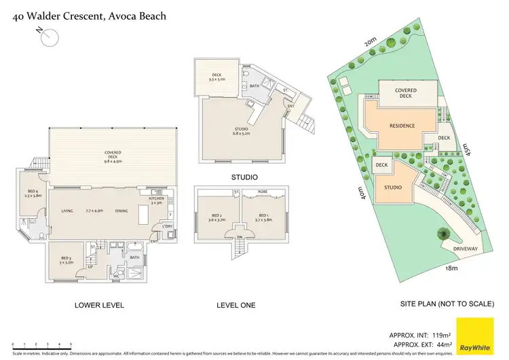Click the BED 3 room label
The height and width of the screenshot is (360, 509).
66,259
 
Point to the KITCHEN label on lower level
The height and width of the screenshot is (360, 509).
157,200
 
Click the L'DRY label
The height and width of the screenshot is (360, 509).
167,226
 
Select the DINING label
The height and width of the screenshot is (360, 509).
121,211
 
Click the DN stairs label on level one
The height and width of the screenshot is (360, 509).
239,237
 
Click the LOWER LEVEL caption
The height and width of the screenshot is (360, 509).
99,306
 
